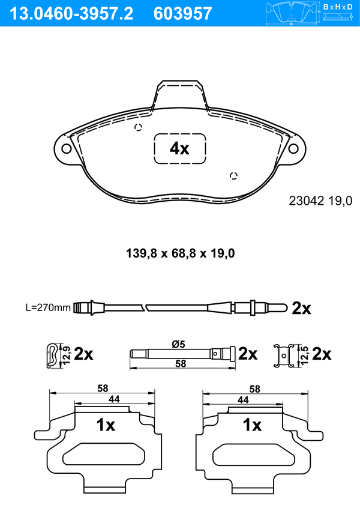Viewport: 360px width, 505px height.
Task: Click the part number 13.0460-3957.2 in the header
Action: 71,14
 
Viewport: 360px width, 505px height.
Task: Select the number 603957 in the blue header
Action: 182,14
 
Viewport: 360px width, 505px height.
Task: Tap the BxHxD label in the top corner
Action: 338,7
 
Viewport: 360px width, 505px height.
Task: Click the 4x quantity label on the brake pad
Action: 179,149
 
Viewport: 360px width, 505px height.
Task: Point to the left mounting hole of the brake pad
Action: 67,149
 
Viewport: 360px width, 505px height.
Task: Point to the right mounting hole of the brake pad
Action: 293,148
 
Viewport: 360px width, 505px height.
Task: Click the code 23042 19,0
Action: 320,201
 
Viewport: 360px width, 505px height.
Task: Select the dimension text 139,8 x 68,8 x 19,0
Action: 180,253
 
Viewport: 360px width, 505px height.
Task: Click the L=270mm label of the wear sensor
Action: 48,307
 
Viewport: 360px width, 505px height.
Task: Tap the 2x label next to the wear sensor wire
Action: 301,309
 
